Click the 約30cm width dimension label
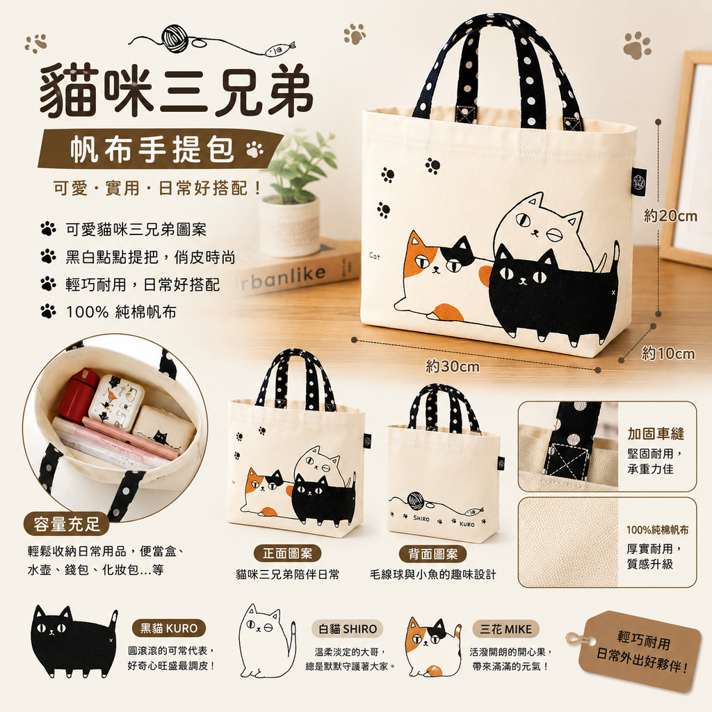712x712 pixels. coord(452,366)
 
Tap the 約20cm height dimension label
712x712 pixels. coord(670,216)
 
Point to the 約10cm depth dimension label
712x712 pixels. coord(668,354)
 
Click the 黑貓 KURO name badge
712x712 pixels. coord(168,628)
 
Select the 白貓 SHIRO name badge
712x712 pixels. coord(348,629)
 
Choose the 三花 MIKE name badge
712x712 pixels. coord(506,629)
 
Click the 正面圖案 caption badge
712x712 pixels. coord(287,553)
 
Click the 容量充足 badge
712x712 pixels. coord(66,524)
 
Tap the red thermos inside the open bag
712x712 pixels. coord(77,394)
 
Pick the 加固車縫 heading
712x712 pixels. coord(655,434)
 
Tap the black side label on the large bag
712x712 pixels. coord(640,184)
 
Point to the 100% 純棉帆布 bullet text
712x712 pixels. coord(121,312)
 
